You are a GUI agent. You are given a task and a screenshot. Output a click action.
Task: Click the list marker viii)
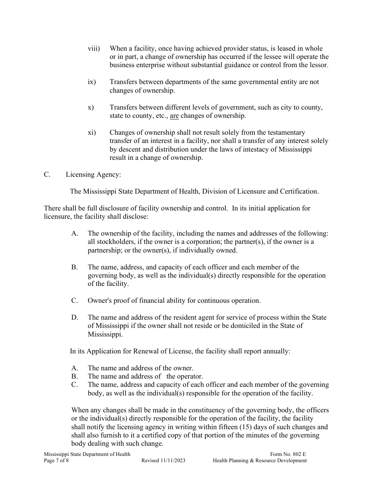click(x=93, y=49)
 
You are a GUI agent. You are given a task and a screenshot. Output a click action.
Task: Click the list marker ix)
click(x=91, y=82)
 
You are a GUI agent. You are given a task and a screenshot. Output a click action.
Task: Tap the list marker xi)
click(x=91, y=133)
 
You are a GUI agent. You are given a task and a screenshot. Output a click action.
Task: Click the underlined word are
click(x=174, y=116)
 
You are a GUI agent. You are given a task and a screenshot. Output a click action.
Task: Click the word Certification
click(x=299, y=192)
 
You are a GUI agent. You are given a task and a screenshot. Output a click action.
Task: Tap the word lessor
click(x=318, y=65)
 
